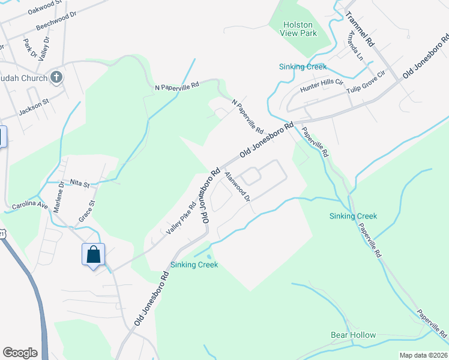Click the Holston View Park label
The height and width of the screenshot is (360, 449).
(300, 29)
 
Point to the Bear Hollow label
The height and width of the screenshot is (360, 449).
(353, 335)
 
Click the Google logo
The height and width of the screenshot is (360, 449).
(20, 353)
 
